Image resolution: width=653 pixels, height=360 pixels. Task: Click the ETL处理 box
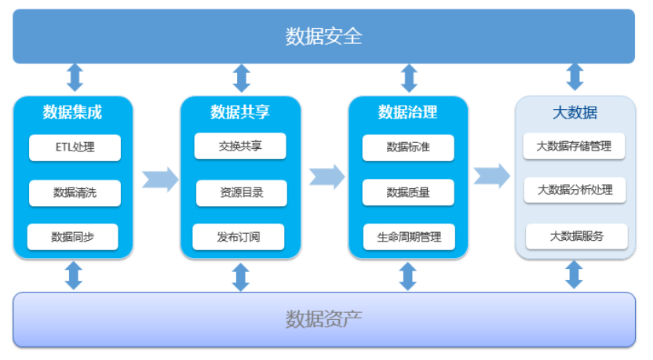(75, 147)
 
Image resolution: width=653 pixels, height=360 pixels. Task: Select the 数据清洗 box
(75, 193)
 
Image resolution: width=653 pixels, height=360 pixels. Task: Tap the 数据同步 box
(73, 237)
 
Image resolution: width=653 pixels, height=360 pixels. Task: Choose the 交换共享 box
(240, 146)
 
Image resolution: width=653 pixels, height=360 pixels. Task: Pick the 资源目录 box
(242, 193)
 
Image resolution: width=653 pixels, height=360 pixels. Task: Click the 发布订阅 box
(239, 237)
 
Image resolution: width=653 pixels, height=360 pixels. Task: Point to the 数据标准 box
(408, 147)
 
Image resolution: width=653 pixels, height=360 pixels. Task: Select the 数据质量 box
(408, 192)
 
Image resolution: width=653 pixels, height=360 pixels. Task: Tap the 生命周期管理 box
(409, 237)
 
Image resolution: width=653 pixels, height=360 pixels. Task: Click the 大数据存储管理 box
(574, 146)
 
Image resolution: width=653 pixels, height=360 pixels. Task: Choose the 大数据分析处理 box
(575, 191)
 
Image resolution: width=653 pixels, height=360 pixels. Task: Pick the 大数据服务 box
(577, 236)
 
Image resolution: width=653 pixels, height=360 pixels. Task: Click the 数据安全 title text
(323, 36)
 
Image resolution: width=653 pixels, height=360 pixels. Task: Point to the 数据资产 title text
(323, 319)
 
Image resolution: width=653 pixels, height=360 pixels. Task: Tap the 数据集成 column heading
(72, 112)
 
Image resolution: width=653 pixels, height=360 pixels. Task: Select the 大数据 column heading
(575, 112)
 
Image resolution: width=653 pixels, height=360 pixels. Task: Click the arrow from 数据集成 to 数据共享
(160, 180)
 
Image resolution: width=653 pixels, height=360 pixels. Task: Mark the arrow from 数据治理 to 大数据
(492, 176)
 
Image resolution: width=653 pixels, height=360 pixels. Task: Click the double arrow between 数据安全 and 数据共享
(242, 78)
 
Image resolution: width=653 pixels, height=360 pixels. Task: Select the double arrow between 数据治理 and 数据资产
(407, 276)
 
